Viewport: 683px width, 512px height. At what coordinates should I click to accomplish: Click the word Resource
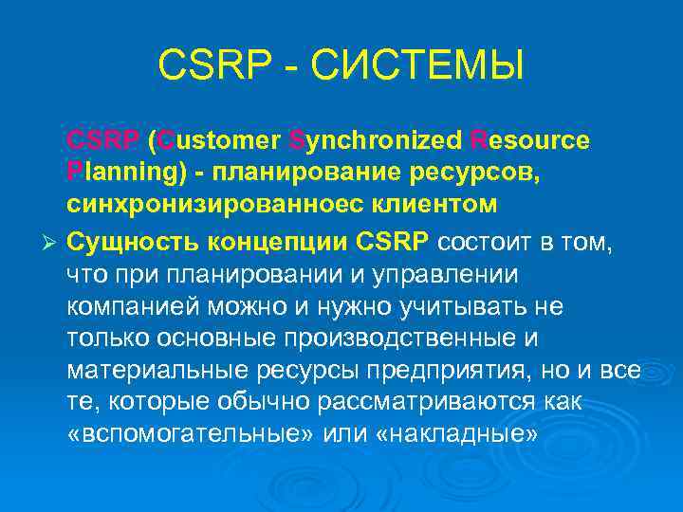tap(530, 141)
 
